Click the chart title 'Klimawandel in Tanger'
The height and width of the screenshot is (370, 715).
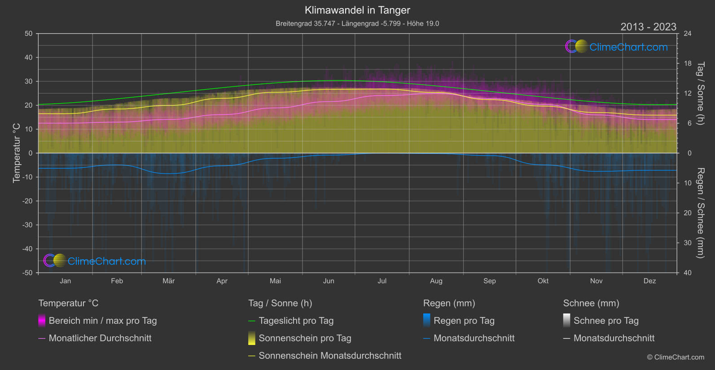357,10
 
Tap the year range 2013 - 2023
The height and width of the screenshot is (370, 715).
648,27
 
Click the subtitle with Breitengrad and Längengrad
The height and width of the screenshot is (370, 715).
357,23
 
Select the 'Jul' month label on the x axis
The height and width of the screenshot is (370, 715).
382,281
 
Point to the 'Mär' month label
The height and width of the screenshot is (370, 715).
168,281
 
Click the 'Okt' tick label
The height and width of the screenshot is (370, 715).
543,281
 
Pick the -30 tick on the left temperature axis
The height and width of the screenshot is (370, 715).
28,225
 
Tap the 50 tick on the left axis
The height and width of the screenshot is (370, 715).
29,34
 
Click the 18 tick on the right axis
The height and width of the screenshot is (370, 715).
687,63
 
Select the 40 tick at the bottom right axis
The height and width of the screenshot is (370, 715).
687,273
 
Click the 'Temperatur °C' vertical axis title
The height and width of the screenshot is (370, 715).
17,153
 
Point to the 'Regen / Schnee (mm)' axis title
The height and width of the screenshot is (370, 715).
700,213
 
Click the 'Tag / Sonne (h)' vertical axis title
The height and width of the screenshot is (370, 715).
700,93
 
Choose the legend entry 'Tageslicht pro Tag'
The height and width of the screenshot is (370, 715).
296,321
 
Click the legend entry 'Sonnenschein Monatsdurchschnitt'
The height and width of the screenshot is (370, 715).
330,356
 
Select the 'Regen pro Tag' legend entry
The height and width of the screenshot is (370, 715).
464,321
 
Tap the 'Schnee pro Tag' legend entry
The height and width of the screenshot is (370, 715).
605,321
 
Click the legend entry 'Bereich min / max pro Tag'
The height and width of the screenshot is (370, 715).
102,321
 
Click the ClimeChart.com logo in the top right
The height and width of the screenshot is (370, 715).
617,47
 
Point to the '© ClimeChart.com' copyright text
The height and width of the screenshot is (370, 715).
676,357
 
